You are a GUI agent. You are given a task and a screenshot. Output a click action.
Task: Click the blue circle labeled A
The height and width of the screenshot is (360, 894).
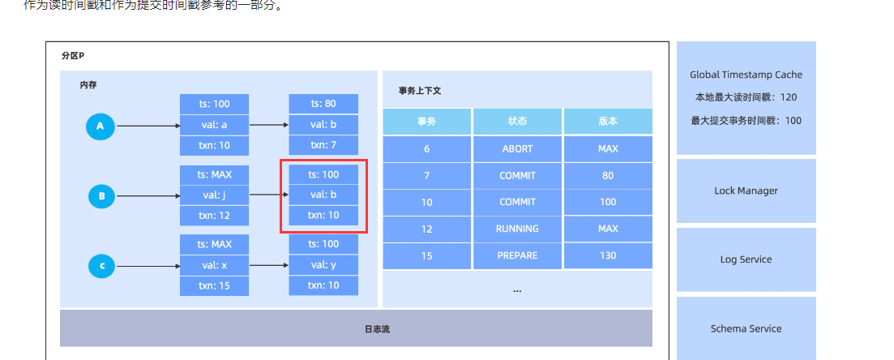(x=101, y=126)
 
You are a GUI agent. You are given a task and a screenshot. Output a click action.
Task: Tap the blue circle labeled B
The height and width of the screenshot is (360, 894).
(x=101, y=195)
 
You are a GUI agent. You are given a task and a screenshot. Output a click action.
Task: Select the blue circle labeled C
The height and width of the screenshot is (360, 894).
(x=101, y=265)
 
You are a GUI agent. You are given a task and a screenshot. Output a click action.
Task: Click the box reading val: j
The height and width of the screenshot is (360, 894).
(x=214, y=195)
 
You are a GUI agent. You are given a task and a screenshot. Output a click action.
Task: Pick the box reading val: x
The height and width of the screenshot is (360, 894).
(x=214, y=264)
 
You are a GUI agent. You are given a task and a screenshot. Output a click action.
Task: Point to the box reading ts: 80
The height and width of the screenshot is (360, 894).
(x=323, y=104)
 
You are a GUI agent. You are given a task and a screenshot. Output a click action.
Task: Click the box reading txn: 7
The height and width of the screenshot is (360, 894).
(x=323, y=145)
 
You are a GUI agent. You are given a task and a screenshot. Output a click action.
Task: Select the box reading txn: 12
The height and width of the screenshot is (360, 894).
(x=214, y=215)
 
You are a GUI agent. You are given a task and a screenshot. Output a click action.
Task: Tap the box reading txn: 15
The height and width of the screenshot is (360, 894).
(x=214, y=285)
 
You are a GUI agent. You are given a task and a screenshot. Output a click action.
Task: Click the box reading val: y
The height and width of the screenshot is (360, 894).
(x=323, y=264)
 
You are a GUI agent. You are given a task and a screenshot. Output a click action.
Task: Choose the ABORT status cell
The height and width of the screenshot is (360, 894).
(x=517, y=148)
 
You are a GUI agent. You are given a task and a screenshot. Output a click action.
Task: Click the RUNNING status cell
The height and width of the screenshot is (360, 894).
(x=517, y=229)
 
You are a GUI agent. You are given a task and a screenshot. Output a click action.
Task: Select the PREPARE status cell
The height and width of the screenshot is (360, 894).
(x=517, y=255)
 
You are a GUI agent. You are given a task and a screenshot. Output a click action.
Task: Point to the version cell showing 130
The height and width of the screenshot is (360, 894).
(x=608, y=255)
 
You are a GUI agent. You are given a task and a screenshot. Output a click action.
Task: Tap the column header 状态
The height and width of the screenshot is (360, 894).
(x=517, y=122)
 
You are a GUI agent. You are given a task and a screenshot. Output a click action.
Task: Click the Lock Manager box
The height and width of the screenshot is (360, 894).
(x=746, y=191)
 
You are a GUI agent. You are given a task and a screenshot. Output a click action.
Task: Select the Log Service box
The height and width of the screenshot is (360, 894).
(x=746, y=259)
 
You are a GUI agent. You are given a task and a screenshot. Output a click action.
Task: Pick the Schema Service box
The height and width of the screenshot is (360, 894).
(x=746, y=328)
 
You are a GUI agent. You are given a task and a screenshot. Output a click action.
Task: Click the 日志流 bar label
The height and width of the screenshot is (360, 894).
(x=356, y=328)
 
